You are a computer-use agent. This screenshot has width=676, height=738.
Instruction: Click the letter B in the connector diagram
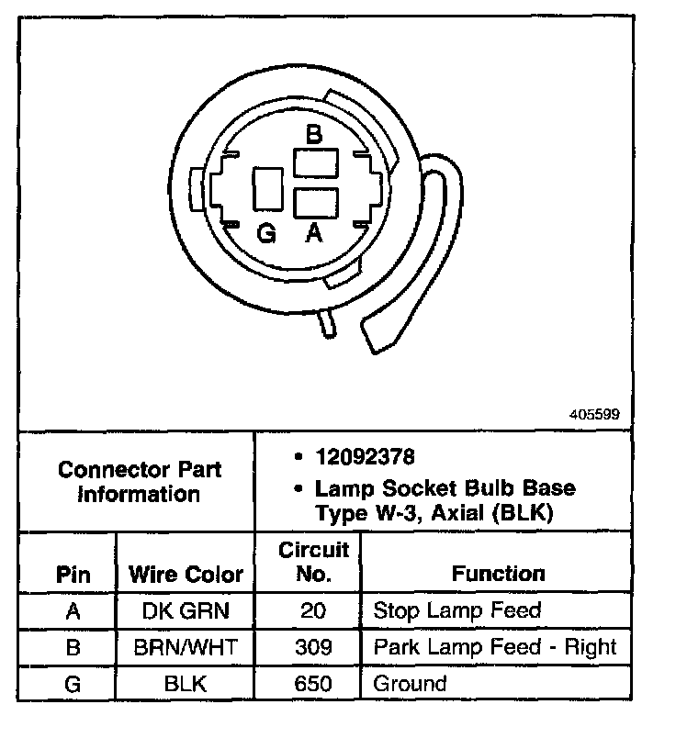pos(314,136)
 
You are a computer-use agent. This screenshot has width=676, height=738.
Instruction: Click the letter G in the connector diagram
pos(267,235)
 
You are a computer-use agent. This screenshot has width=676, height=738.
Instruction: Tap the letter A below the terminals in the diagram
pos(314,234)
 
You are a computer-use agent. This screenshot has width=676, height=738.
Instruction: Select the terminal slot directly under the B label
pos(315,164)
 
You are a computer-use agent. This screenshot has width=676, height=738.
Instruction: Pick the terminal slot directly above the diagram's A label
pos(315,202)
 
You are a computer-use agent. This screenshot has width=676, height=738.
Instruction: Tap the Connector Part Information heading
pos(140,482)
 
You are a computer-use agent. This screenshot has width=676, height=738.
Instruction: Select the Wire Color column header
pos(186,576)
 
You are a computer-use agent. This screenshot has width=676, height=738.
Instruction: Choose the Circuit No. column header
pos(314,563)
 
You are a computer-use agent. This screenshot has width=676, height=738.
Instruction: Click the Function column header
pos(499,575)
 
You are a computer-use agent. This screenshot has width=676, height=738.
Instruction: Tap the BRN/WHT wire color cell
pos(186,647)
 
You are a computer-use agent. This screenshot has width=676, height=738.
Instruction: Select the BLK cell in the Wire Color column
pos(186,684)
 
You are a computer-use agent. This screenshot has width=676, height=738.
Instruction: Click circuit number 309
pos(314,647)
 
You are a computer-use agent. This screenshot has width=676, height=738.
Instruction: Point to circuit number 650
pos(314,684)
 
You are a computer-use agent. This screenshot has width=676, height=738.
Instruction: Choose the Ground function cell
pos(410,684)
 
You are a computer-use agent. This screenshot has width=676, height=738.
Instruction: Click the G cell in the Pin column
pos(73,684)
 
